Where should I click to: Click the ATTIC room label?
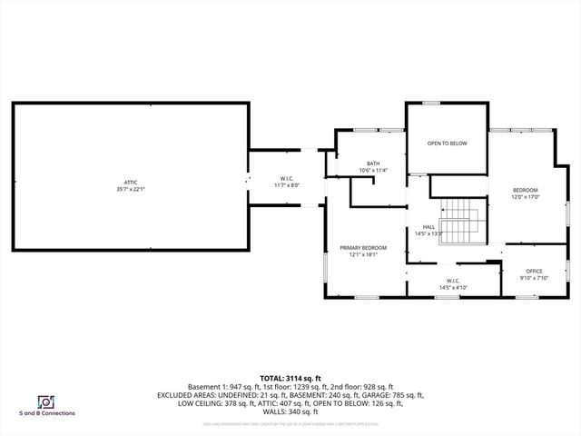131,182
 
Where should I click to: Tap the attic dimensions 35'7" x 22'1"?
131,189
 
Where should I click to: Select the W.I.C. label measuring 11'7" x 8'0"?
286,178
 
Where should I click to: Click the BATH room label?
372,163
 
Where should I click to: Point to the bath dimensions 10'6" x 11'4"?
372,170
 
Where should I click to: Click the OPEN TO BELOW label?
447,144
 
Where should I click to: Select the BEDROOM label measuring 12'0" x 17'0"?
526,190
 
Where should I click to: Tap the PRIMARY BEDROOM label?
363,248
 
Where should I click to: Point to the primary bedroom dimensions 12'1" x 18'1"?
363,255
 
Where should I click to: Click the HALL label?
428,227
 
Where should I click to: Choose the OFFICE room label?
534,271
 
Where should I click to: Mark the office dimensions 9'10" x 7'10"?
534,278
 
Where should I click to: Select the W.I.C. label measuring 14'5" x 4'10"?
453,281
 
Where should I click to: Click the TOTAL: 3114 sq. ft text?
290,378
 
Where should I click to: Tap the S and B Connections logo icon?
44,401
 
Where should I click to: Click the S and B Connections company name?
47,413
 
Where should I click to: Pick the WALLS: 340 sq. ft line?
290,411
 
